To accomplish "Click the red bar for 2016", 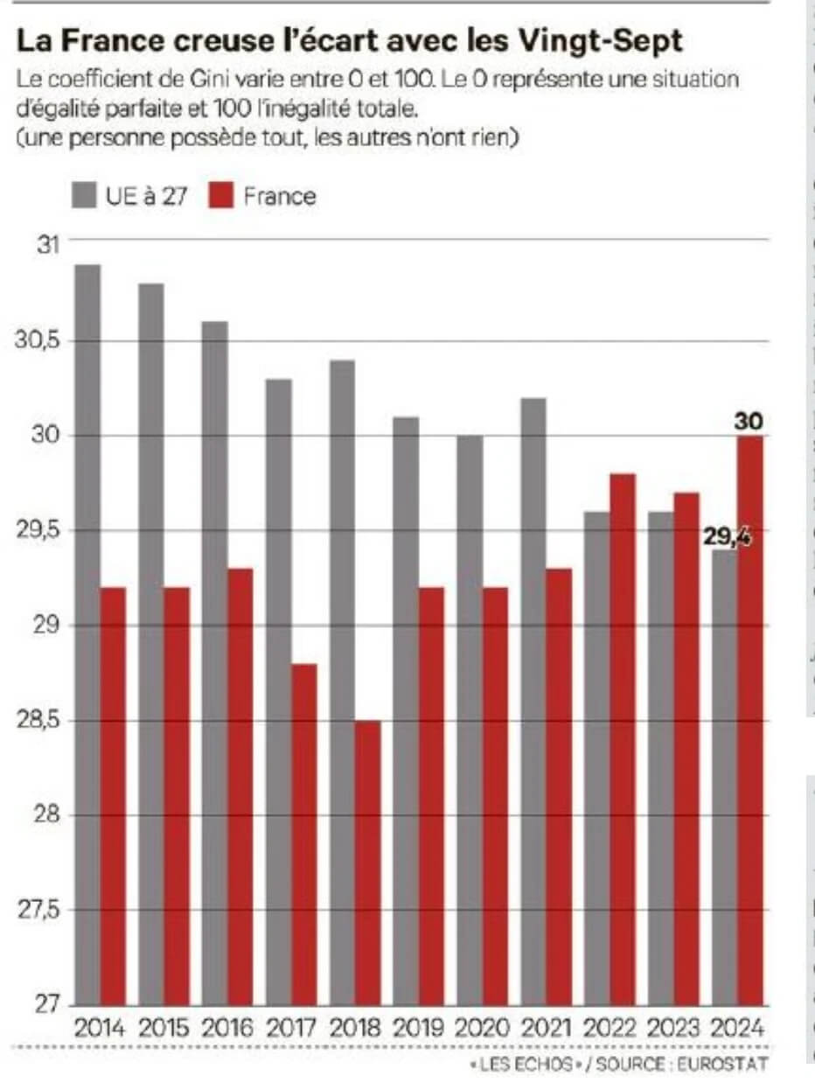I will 240,786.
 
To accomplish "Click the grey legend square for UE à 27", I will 84,196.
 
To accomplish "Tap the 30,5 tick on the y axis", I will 34,340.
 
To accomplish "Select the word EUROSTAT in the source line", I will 726,1065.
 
